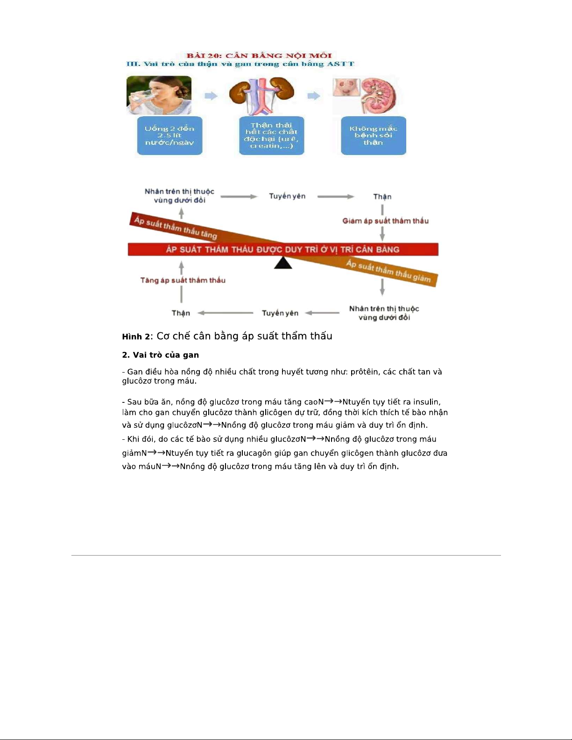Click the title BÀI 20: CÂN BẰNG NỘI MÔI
click(259, 56)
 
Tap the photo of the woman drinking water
click(159, 95)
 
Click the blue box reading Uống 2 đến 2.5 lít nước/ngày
click(169, 135)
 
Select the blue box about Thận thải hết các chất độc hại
click(271, 135)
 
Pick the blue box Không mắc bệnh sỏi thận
click(373, 135)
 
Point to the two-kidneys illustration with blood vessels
click(261, 95)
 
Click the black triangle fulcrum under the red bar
click(283, 263)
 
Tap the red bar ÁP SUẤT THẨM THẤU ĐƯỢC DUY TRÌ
click(283, 249)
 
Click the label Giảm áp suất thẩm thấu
click(385, 221)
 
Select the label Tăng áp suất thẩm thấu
click(183, 280)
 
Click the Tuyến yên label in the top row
click(287, 196)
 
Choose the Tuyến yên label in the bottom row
click(280, 313)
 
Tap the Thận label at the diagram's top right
click(382, 197)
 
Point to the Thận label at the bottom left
click(181, 313)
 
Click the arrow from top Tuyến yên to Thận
click(335, 197)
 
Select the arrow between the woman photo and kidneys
click(211, 96)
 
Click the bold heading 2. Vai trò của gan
click(160, 355)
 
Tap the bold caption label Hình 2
click(136, 337)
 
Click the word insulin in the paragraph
click(426, 402)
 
